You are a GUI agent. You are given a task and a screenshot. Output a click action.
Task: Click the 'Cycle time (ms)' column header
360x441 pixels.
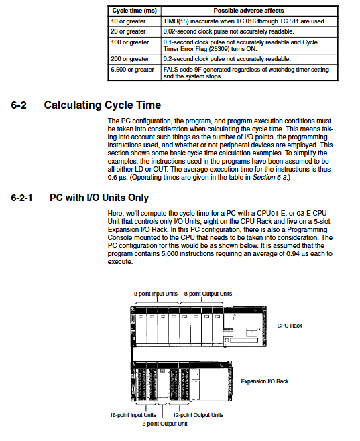(x=135, y=11)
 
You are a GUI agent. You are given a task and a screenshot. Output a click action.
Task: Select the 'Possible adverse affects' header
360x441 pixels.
(x=249, y=11)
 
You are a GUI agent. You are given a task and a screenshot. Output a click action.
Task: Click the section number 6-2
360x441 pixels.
(x=19, y=105)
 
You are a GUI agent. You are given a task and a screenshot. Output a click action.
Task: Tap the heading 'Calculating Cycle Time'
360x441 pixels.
(x=103, y=105)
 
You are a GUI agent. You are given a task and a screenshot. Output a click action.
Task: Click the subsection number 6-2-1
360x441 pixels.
(x=21, y=198)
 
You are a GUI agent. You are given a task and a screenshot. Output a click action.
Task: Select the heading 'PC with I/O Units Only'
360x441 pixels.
(x=99, y=198)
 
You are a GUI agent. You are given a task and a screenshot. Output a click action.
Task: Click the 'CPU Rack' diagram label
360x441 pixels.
(x=290, y=326)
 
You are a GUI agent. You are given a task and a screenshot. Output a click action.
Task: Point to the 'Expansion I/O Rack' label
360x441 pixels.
(x=265, y=381)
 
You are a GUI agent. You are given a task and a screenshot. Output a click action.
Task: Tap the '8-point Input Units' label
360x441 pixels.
(x=156, y=294)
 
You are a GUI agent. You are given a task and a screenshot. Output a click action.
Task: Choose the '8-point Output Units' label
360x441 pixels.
(x=208, y=294)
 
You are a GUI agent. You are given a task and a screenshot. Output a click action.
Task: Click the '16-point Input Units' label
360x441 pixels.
(x=133, y=415)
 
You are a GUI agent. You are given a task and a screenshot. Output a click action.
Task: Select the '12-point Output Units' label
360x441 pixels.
(x=198, y=415)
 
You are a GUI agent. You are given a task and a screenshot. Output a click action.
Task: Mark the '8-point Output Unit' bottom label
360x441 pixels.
(x=165, y=424)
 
